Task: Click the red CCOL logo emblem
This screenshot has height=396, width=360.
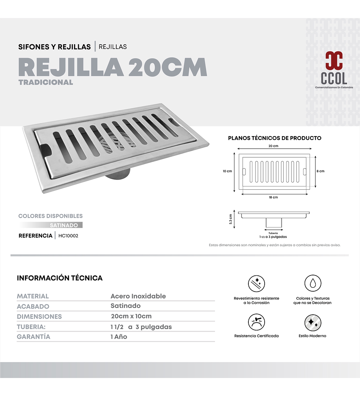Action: (334, 61)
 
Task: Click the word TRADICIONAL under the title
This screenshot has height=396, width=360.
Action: (46, 82)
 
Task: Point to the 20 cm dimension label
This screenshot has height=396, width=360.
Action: (273, 146)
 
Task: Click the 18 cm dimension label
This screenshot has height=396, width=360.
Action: (273, 197)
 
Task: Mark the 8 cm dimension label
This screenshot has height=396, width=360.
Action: (320, 171)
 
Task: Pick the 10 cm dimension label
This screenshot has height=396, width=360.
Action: (227, 171)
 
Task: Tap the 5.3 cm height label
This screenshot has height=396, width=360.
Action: (231, 219)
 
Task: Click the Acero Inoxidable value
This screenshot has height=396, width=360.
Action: (138, 296)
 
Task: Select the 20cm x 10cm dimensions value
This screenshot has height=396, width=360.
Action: (131, 316)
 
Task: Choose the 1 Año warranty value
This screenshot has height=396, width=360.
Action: (119, 337)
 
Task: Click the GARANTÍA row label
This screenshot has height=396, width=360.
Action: (33, 337)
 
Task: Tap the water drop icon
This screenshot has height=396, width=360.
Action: (313, 283)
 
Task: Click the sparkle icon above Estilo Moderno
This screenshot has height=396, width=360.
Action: (313, 323)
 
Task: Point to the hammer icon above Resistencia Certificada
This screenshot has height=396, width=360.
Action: (256, 323)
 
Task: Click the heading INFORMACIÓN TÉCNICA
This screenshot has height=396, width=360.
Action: (60, 278)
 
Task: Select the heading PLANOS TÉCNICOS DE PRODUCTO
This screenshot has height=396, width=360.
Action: (275, 138)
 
